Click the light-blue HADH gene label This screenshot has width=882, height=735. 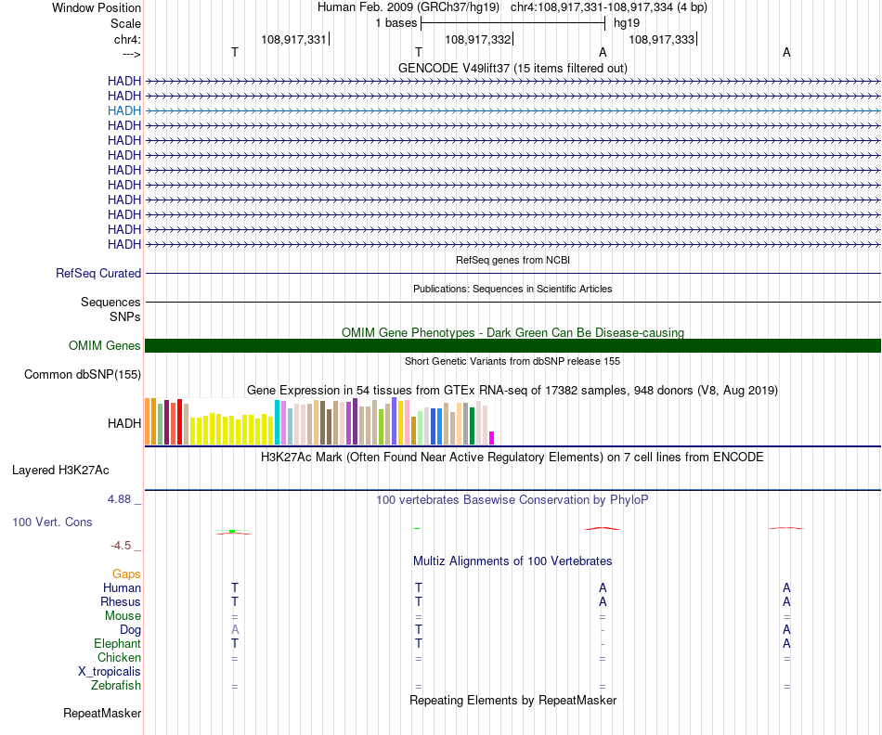[x=124, y=110]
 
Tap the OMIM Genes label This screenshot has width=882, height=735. [x=105, y=346]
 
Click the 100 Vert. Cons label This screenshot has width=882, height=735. [x=52, y=522]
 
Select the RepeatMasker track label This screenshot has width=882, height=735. [x=102, y=714]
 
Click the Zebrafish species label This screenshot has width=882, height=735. [x=116, y=686]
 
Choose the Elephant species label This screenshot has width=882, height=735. [x=117, y=644]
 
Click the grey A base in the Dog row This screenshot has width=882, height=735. [x=235, y=630]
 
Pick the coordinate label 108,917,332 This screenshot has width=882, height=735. [x=478, y=40]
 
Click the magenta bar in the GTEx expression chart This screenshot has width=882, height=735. [x=492, y=438]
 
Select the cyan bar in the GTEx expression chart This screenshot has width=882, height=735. [x=278, y=422]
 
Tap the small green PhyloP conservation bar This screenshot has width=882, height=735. [x=232, y=532]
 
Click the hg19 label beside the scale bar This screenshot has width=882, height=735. [x=627, y=22]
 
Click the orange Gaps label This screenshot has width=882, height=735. [x=126, y=574]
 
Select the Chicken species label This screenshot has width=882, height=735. [x=119, y=658]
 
